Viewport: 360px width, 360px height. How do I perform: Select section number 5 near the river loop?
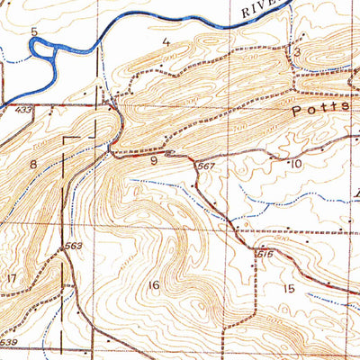tap(34, 32)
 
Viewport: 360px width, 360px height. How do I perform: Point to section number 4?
tap(166, 41)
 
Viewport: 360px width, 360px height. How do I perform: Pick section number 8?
tap(33, 164)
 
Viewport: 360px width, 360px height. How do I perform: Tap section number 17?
tap(10, 280)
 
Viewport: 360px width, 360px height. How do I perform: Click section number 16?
tap(154, 285)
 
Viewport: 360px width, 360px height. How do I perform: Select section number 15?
tap(288, 288)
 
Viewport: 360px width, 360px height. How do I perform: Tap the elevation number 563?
tap(74, 244)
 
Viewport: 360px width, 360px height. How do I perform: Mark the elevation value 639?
tap(9, 343)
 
